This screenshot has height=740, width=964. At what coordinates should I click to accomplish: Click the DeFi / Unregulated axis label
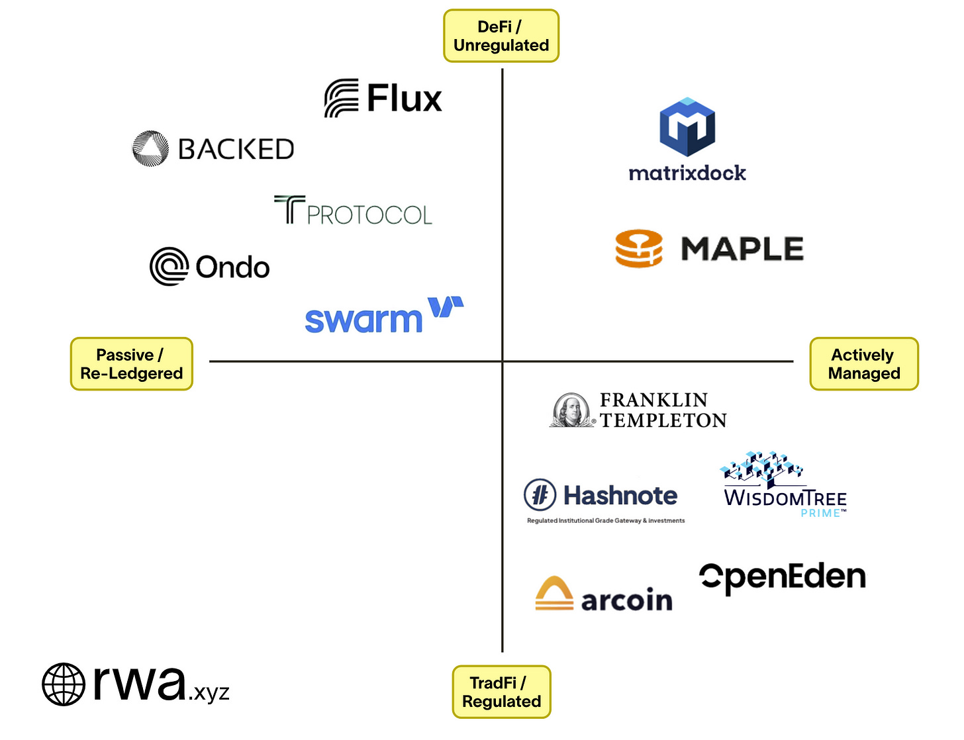(x=501, y=36)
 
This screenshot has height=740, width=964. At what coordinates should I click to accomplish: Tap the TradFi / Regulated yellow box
(x=501, y=692)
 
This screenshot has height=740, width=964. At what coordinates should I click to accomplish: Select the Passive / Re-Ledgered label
(x=131, y=364)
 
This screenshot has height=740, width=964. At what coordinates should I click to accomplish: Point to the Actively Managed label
(x=864, y=364)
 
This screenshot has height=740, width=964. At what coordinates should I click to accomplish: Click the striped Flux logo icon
(x=342, y=99)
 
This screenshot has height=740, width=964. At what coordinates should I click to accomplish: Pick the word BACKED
(x=236, y=150)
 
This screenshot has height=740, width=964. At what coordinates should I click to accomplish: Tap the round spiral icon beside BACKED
(x=150, y=148)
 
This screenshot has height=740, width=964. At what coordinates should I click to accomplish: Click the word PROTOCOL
(x=369, y=215)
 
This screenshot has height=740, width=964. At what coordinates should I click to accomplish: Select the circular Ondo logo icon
(x=169, y=267)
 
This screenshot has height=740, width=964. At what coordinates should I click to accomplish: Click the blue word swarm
(x=363, y=320)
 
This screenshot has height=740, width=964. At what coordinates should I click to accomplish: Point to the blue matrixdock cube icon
(x=687, y=127)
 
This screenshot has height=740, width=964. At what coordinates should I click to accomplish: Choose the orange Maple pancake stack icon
(x=639, y=249)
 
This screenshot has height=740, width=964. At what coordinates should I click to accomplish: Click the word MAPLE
(x=742, y=250)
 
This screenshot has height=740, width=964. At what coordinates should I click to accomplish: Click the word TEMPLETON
(x=663, y=420)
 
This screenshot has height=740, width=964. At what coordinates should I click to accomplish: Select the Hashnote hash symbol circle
(x=540, y=495)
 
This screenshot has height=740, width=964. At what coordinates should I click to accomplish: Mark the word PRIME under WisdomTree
(x=821, y=513)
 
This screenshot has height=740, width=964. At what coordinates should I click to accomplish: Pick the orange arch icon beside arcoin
(x=554, y=593)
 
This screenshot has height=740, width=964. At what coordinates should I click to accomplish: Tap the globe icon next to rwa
(x=64, y=684)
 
